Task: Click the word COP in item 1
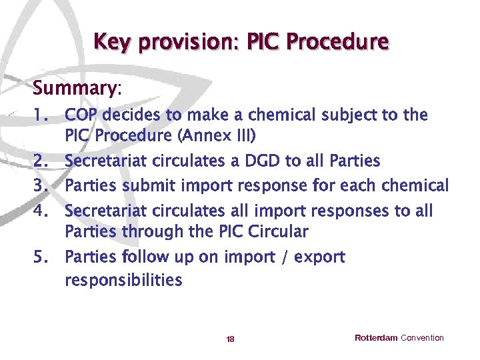coord(80,115)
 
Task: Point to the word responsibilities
coord(123,280)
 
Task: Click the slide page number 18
coord(230,339)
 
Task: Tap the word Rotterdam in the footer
coord(376,338)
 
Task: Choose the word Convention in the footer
coord(422,338)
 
